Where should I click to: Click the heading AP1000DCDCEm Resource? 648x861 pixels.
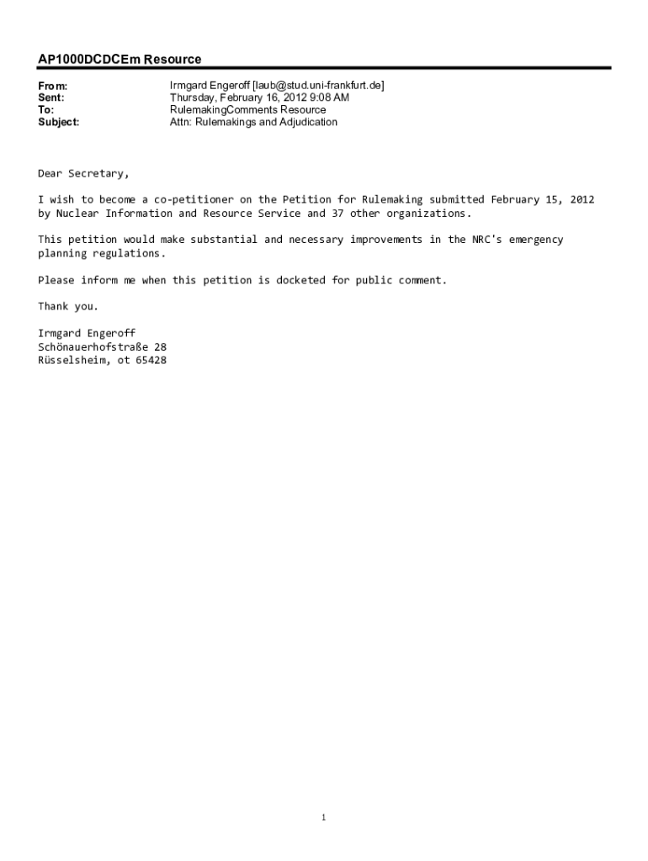120,60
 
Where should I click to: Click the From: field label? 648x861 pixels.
52,86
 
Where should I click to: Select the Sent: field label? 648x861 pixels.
51,98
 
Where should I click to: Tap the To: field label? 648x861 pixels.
45,110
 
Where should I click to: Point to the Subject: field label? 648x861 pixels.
59,122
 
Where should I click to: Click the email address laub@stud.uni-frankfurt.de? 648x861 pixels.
312,86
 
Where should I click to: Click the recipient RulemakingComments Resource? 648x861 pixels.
247,110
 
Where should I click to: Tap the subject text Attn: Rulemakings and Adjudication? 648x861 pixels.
253,122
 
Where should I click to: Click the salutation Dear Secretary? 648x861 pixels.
83,174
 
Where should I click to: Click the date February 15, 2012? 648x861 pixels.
543,200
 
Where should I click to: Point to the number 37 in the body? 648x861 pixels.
338,214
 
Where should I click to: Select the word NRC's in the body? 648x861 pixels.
486,240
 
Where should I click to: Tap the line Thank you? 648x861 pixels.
68,306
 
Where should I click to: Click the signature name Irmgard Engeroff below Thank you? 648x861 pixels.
87,333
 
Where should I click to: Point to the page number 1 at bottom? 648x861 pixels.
324,817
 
